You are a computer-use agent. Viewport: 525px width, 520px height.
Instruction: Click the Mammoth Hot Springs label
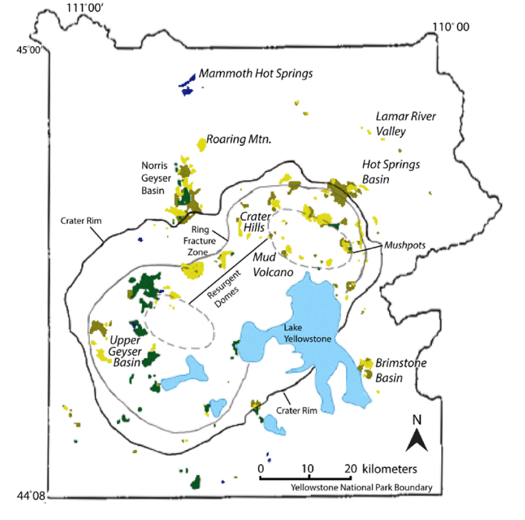256,74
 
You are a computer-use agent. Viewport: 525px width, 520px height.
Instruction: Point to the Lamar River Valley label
396,123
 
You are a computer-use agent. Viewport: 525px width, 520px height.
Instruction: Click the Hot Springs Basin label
391,172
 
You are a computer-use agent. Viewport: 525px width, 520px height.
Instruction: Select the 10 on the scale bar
306,468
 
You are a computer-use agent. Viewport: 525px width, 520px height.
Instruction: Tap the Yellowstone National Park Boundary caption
360,488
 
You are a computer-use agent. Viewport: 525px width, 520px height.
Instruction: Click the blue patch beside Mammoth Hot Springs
188,84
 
